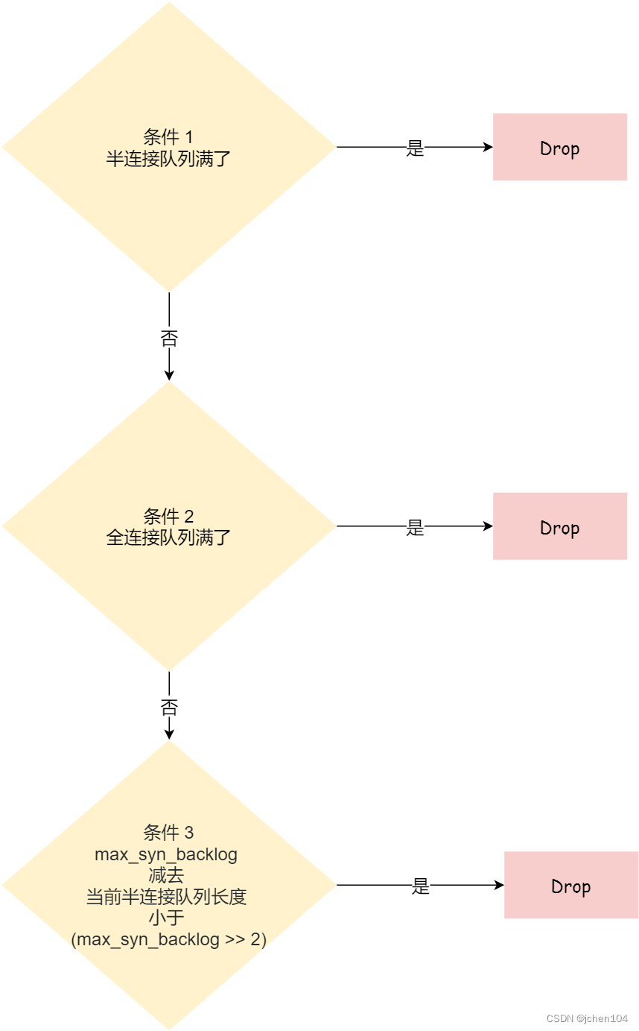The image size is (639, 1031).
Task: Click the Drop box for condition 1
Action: click(x=559, y=147)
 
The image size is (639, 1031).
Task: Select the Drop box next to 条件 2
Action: click(x=559, y=526)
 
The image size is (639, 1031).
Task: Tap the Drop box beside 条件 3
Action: click(x=570, y=885)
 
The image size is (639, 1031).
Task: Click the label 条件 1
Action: click(x=168, y=137)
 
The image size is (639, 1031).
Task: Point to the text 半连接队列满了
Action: click(x=168, y=158)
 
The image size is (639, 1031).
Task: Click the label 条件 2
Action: click(x=168, y=516)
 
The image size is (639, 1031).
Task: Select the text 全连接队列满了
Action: click(x=168, y=537)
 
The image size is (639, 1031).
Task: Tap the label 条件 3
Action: click(x=168, y=833)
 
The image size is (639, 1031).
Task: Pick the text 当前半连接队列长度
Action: click(x=166, y=897)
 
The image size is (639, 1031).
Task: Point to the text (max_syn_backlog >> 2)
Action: click(x=168, y=939)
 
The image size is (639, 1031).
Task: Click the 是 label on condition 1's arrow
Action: click(x=415, y=148)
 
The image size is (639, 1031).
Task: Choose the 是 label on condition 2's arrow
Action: click(x=415, y=527)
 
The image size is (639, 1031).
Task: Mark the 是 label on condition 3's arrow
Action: click(x=421, y=886)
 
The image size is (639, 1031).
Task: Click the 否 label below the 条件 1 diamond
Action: click(x=169, y=338)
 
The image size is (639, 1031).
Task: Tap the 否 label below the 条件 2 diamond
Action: click(x=169, y=707)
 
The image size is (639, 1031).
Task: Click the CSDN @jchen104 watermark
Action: click(x=587, y=1018)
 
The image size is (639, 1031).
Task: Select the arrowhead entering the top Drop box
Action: click(x=488, y=147)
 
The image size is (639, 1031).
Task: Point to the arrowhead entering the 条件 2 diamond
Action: click(x=169, y=376)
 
